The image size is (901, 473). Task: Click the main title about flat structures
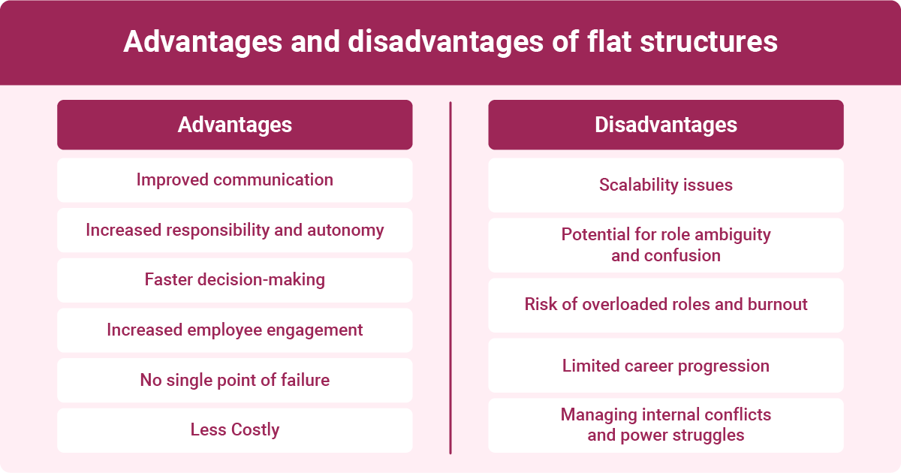pos(450,42)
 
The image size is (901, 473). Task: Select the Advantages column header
pos(234,125)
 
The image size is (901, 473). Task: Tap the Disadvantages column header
pos(665,125)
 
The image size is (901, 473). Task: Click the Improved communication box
pos(234,180)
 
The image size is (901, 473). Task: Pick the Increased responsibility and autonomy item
pos(234,230)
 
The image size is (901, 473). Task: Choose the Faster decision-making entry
pos(234,280)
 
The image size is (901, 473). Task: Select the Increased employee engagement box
pos(234,330)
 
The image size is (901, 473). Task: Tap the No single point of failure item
pos(234,381)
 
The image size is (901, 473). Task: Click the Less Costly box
pos(234,430)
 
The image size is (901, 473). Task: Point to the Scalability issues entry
pos(665,185)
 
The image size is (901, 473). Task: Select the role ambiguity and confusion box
pos(665,245)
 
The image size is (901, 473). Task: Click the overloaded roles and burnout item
pos(665,305)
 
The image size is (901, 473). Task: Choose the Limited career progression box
pos(665,366)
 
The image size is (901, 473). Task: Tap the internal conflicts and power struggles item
pos(665,425)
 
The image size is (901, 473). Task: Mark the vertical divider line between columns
pos(450,278)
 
